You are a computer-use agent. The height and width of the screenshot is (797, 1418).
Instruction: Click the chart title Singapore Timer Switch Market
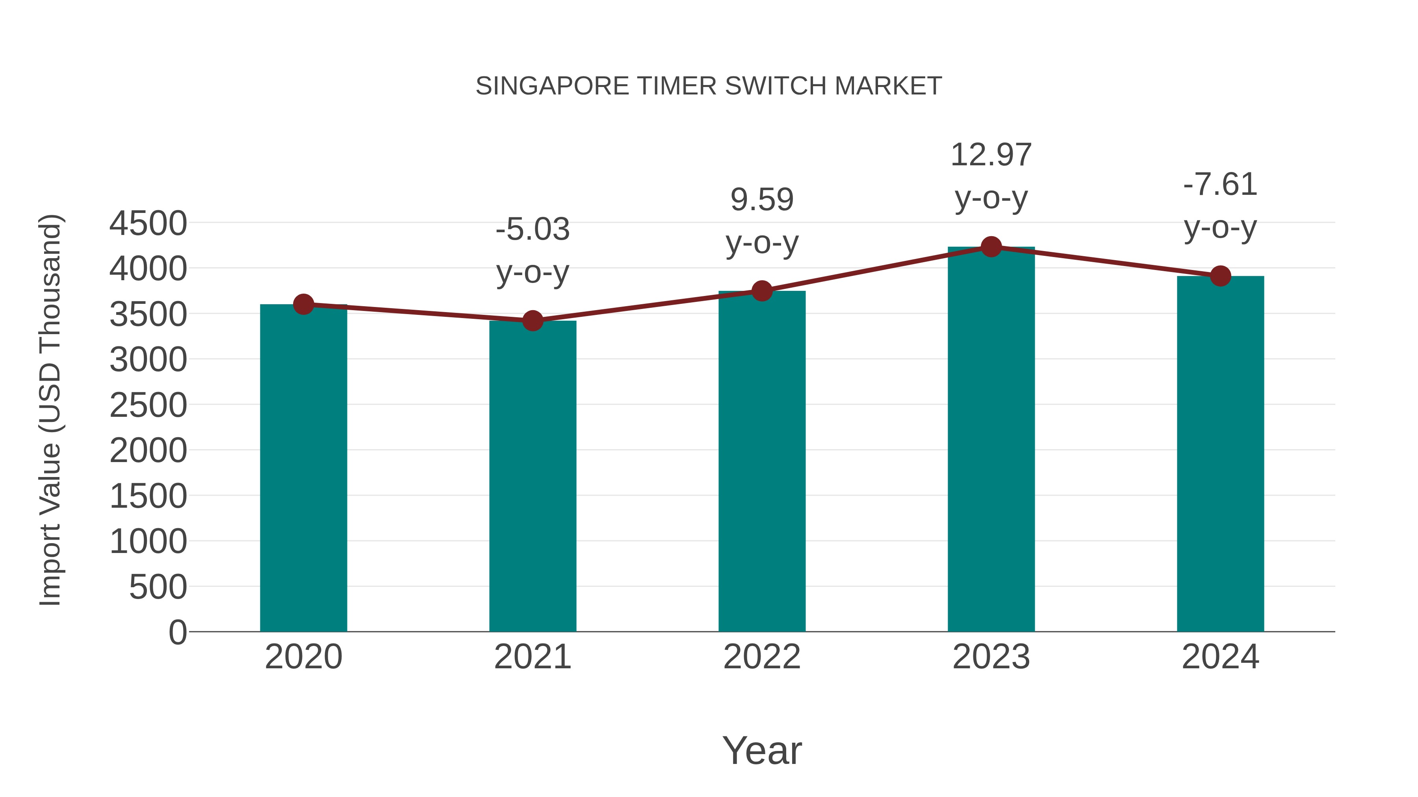[x=709, y=86]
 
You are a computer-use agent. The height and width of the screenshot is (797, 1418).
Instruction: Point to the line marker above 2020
[x=303, y=304]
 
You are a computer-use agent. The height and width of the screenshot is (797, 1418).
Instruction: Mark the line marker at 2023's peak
[x=991, y=247]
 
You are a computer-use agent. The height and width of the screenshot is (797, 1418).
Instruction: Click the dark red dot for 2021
[x=532, y=321]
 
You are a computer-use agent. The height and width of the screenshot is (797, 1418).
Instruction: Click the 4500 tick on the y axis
[x=148, y=224]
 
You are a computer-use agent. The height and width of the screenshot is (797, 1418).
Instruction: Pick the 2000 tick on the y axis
[x=148, y=451]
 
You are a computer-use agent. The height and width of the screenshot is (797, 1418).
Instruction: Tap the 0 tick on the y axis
[x=178, y=632]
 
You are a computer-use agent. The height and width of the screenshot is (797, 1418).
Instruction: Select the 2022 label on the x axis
[x=762, y=657]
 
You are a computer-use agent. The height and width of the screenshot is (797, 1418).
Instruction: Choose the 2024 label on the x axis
[x=1220, y=657]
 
